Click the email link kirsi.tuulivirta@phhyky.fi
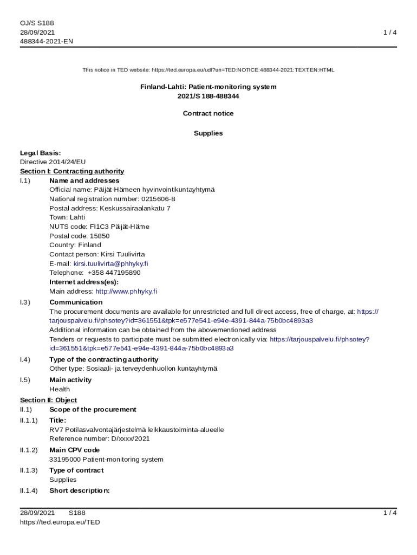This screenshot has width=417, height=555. tap(111, 263)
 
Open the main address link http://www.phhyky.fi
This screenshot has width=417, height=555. tap(126, 291)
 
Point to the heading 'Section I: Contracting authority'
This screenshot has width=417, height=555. tap(72, 171)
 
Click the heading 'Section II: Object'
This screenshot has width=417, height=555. tap(48, 400)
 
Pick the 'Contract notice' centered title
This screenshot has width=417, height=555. tap(208, 113)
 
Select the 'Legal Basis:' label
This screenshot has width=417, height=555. tap(41, 153)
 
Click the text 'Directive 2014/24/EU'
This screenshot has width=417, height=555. tap(53, 162)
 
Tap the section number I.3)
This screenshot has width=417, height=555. tap(25, 302)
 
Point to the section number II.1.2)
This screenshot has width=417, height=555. tap(29, 450)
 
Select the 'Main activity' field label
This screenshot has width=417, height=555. tap(70, 379)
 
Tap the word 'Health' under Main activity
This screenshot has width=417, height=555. tap(60, 389)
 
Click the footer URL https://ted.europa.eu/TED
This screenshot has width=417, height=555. tap(60, 522)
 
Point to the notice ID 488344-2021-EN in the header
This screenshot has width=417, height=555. tap(47, 41)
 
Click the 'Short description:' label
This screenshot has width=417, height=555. tap(80, 491)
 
